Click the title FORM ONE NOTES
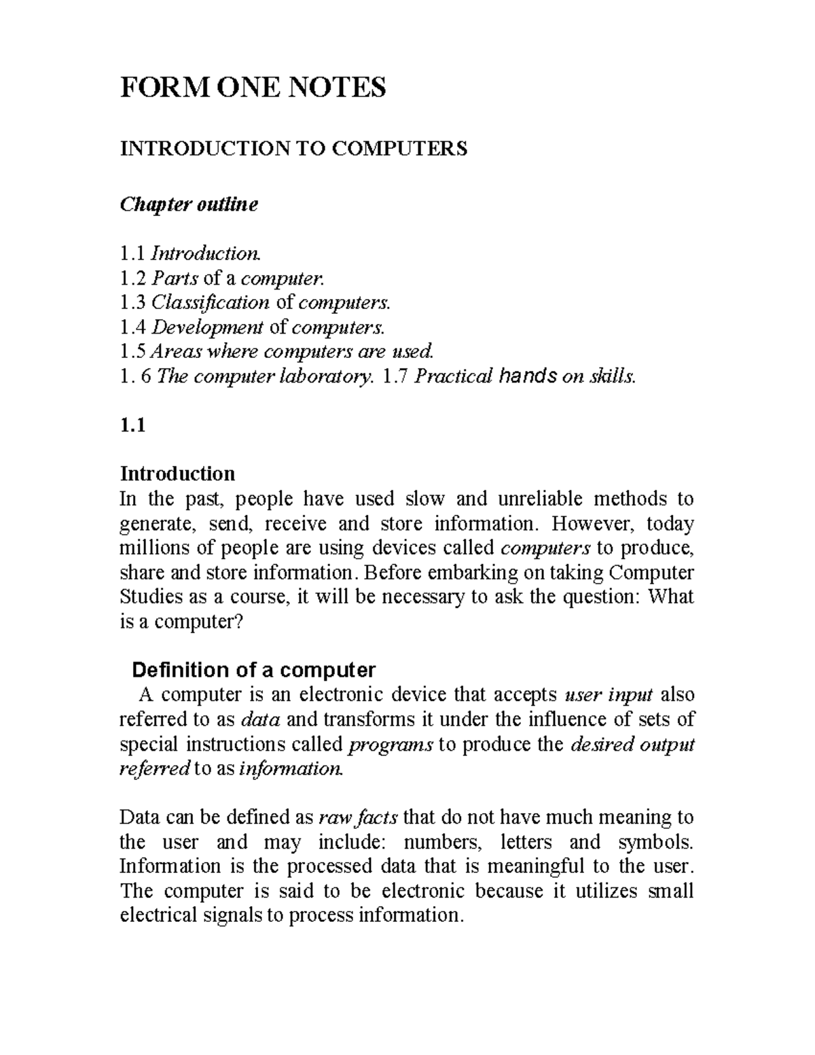[253, 88]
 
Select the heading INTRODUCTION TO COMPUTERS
[293, 148]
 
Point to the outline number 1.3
[132, 302]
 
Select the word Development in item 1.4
[206, 327]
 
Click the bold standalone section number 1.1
[132, 425]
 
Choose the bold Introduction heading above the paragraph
[177, 473]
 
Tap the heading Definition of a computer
[253, 670]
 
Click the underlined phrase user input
[609, 695]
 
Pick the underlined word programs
[390, 745]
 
